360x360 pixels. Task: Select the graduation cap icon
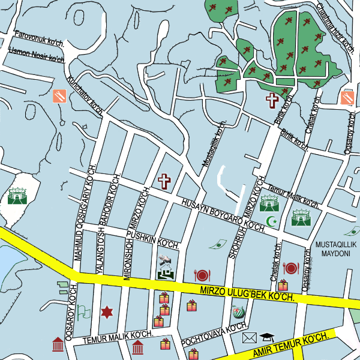click(266, 337)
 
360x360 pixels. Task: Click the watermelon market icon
click(238, 312)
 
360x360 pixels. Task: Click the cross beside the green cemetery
click(273, 100)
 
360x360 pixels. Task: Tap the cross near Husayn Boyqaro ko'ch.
click(164, 180)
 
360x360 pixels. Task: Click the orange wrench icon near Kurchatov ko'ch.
click(59, 96)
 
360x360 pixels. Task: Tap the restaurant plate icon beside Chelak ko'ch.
click(290, 268)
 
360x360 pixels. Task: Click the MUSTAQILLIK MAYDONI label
click(336, 250)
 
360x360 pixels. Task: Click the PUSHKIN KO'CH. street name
click(157, 241)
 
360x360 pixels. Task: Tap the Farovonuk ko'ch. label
click(40, 39)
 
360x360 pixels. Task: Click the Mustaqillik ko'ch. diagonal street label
click(213, 144)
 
